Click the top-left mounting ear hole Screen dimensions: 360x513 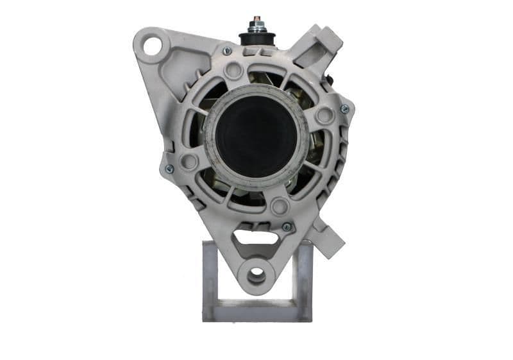click(x=153, y=46)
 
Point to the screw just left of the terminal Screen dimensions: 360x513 click(x=227, y=51)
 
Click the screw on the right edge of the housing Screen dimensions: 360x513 click(x=344, y=109)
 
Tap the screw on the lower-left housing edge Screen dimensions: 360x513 click(x=169, y=169)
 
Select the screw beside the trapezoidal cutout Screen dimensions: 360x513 click(x=286, y=227)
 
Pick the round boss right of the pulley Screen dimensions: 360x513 click(x=325, y=116)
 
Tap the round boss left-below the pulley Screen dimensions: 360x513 click(x=189, y=161)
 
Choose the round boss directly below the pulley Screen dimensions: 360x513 click(x=279, y=206)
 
